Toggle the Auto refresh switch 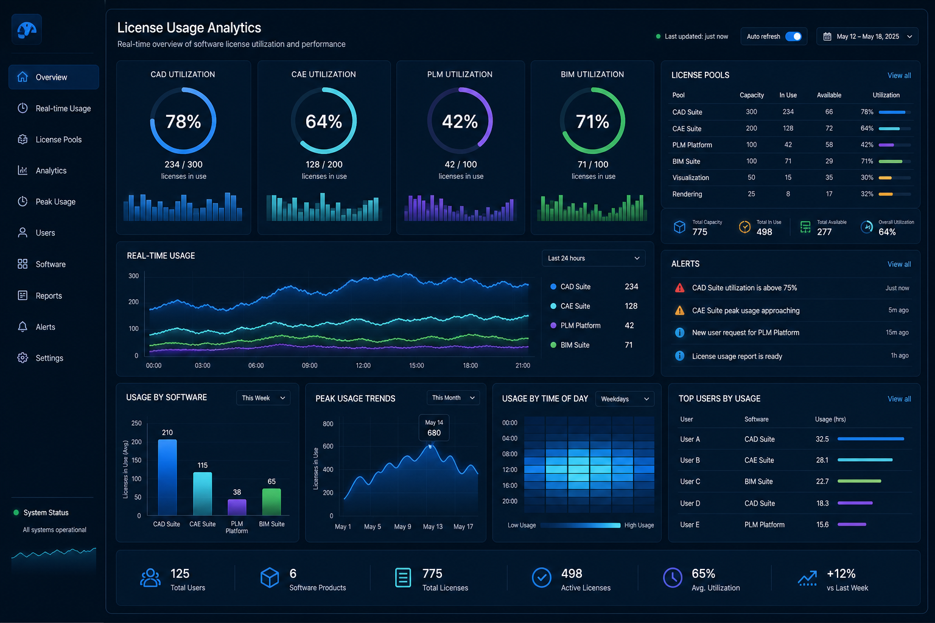pos(793,37)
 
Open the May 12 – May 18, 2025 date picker pos(867,37)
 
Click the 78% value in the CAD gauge pos(183,122)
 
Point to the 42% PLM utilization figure pos(460,122)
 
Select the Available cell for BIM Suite pos(829,161)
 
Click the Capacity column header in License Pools pos(752,95)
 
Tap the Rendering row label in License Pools pos(687,194)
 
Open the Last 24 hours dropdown pos(593,259)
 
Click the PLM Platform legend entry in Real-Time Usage pos(580,325)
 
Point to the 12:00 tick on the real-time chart pos(363,366)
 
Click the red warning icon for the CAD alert pos(679,288)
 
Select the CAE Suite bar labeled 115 pos(203,493)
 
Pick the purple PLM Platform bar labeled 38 pos(237,507)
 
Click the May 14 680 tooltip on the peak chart pos(434,428)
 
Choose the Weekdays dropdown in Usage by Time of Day pos(625,399)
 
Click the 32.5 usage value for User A pos(822,439)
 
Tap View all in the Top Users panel pos(899,399)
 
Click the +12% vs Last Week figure pos(841,574)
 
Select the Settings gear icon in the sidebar pos(23,358)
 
